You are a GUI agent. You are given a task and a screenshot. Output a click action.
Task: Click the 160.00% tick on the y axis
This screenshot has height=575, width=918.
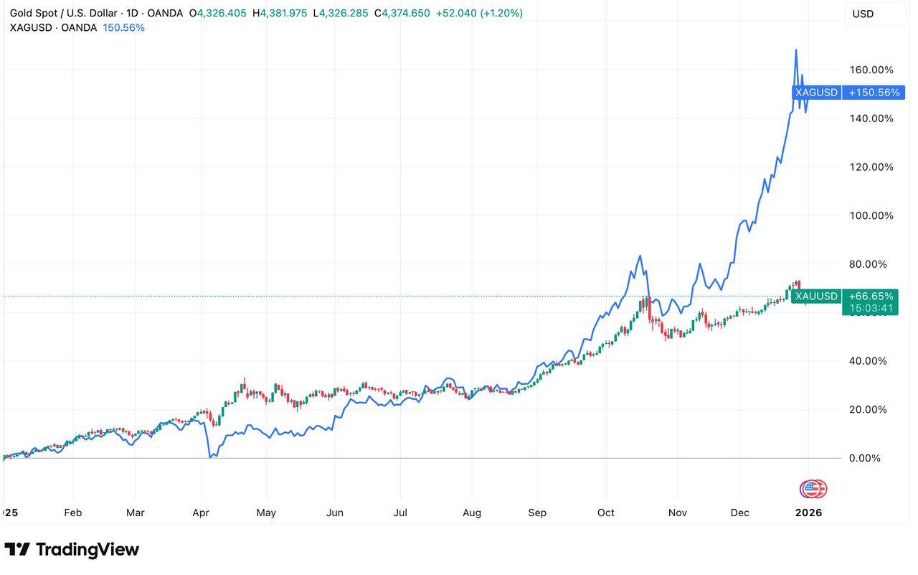(x=871, y=70)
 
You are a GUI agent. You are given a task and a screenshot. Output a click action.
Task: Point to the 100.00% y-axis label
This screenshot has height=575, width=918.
(x=871, y=215)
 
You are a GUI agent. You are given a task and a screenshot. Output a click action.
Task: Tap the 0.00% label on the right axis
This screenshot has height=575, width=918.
(x=865, y=458)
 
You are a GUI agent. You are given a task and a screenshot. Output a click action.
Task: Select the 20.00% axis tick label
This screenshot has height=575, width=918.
(x=868, y=409)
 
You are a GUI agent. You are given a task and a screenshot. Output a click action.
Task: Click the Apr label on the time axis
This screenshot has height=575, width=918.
(x=201, y=513)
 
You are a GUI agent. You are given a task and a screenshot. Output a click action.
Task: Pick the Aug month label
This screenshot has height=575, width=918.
(x=472, y=513)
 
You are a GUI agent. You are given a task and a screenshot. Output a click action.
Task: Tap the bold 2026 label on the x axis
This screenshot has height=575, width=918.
(x=808, y=513)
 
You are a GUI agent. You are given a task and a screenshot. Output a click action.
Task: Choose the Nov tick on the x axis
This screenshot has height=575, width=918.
(x=678, y=513)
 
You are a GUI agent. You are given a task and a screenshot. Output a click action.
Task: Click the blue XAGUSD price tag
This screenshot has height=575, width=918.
(x=816, y=93)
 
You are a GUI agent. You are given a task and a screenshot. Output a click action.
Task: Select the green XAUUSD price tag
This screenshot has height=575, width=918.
(x=816, y=296)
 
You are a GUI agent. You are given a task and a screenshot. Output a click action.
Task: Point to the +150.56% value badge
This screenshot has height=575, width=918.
(x=874, y=93)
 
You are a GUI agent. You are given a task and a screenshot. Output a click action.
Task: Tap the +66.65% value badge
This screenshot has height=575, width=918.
(x=871, y=296)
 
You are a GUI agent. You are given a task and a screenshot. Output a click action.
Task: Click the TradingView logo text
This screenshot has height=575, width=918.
(x=87, y=549)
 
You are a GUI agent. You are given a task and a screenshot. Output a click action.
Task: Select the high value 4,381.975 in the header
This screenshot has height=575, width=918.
(x=283, y=13)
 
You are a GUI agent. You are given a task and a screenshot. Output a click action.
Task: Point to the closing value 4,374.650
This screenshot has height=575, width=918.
(x=406, y=13)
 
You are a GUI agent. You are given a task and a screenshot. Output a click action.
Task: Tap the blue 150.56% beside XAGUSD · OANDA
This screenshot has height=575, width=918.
(x=124, y=28)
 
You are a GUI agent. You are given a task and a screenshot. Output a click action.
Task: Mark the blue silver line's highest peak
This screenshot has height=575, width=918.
(x=796, y=50)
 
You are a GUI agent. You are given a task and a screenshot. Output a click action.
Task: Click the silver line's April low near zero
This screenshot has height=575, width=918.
(x=211, y=456)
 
